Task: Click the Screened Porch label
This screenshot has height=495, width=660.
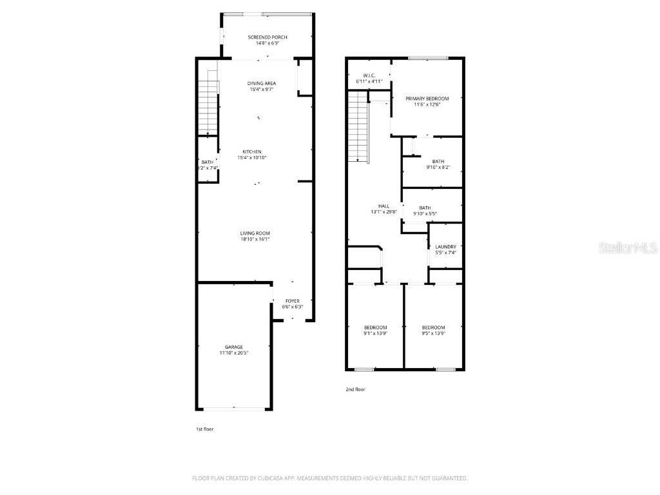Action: click(267, 37)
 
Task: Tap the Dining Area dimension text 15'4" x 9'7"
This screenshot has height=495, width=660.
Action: click(262, 89)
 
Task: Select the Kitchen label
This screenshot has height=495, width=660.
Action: click(251, 152)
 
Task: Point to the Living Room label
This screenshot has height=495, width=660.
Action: click(255, 233)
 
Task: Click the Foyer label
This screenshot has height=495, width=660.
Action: click(293, 301)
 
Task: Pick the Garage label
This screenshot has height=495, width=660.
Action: click(233, 347)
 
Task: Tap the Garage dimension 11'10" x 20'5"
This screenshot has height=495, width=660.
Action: click(233, 353)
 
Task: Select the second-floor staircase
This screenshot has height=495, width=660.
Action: click(357, 126)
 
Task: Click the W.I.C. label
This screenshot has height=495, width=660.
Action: click(369, 75)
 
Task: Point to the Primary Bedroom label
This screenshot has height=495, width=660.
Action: click(427, 99)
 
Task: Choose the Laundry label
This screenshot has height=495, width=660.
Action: click(445, 247)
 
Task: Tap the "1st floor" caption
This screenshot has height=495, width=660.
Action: click(204, 429)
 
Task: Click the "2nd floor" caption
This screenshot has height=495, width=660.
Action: click(356, 389)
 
